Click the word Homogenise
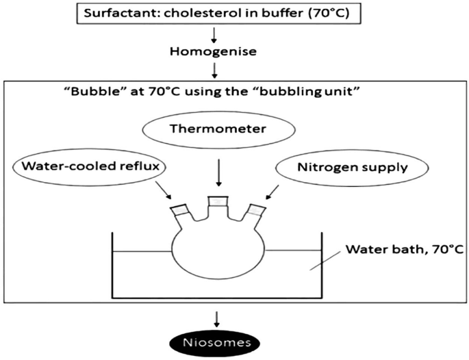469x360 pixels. [217, 50]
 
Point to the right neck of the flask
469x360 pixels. [255, 214]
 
